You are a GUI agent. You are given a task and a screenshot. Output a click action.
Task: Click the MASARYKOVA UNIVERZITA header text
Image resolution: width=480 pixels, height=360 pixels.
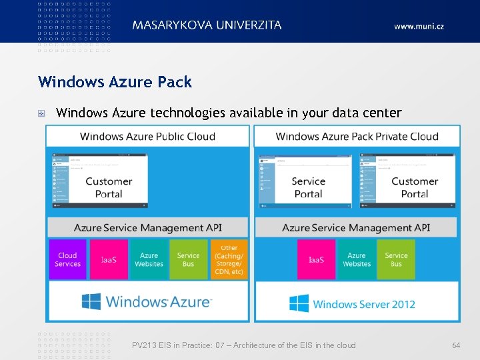pos(207,25)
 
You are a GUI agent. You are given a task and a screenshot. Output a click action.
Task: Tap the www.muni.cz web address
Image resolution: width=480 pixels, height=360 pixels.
pos(419,26)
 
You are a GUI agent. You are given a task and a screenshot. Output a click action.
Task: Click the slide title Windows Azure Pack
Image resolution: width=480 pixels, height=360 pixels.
pos(115,82)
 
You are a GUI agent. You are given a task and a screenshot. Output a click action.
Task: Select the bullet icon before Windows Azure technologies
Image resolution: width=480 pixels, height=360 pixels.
pos(42,113)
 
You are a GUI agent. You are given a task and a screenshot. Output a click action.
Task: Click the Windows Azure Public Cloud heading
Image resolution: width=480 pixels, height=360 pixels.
pos(147,137)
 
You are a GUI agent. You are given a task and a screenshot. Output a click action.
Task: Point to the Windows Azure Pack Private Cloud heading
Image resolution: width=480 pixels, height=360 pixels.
pos(357,137)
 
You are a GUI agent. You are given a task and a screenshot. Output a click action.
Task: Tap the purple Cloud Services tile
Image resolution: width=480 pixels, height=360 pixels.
pos(67,259)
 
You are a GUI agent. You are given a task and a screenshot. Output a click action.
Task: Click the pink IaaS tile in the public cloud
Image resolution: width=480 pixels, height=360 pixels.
pos(109,259)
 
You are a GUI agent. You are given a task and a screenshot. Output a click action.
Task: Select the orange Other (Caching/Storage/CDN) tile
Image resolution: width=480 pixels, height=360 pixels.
pos(229,259)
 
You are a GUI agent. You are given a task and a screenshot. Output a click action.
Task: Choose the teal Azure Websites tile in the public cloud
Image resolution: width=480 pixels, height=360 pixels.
pos(149,259)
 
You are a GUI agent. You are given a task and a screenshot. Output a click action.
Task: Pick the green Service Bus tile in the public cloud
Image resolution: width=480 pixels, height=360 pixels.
pos(189,259)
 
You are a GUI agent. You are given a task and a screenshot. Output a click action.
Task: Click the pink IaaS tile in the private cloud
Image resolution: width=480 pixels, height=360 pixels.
pos(317,259)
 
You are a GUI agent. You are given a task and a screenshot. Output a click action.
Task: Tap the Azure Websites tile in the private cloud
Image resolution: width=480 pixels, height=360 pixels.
pos(357,259)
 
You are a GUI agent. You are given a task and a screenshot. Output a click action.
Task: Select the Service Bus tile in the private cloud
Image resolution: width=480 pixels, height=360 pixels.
pos(396,259)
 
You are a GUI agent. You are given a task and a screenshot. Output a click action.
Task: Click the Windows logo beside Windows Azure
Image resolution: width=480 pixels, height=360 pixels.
pos(91,302)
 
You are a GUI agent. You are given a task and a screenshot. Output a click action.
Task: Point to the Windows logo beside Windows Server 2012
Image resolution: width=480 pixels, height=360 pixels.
pos(299,304)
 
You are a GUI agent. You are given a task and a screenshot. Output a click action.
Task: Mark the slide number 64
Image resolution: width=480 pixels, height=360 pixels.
pos(456,345)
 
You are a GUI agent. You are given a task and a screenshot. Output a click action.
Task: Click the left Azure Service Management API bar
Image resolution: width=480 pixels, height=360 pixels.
pos(147,227)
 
